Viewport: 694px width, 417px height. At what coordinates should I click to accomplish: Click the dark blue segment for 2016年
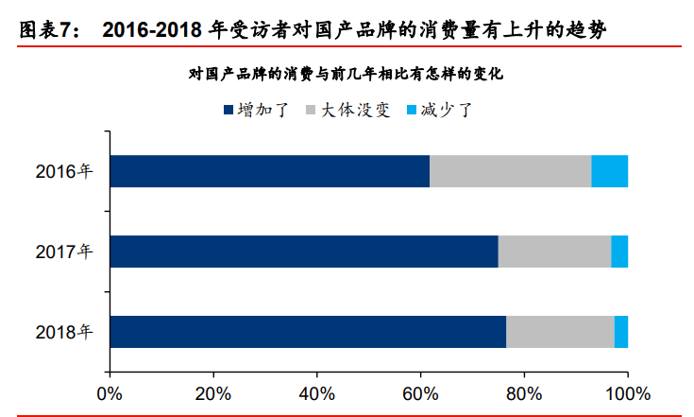269,171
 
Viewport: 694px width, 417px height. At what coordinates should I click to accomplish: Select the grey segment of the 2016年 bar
510,171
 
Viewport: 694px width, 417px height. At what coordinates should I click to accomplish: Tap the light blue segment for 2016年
609,171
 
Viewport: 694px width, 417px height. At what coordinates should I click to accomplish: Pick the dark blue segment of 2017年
303,252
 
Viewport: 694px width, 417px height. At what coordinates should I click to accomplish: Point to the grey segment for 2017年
554,252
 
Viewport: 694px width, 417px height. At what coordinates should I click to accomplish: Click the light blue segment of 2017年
619,252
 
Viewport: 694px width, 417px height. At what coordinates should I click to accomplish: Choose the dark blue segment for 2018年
308,332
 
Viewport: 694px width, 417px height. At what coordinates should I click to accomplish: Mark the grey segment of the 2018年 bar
560,332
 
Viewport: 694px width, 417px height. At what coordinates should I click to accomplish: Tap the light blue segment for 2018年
621,332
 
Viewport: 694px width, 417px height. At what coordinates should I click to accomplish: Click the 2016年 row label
64,172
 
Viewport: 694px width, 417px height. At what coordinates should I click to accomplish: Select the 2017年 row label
64,252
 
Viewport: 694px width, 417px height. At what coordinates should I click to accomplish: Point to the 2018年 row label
64,333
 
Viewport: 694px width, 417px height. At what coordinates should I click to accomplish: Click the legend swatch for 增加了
229,111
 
